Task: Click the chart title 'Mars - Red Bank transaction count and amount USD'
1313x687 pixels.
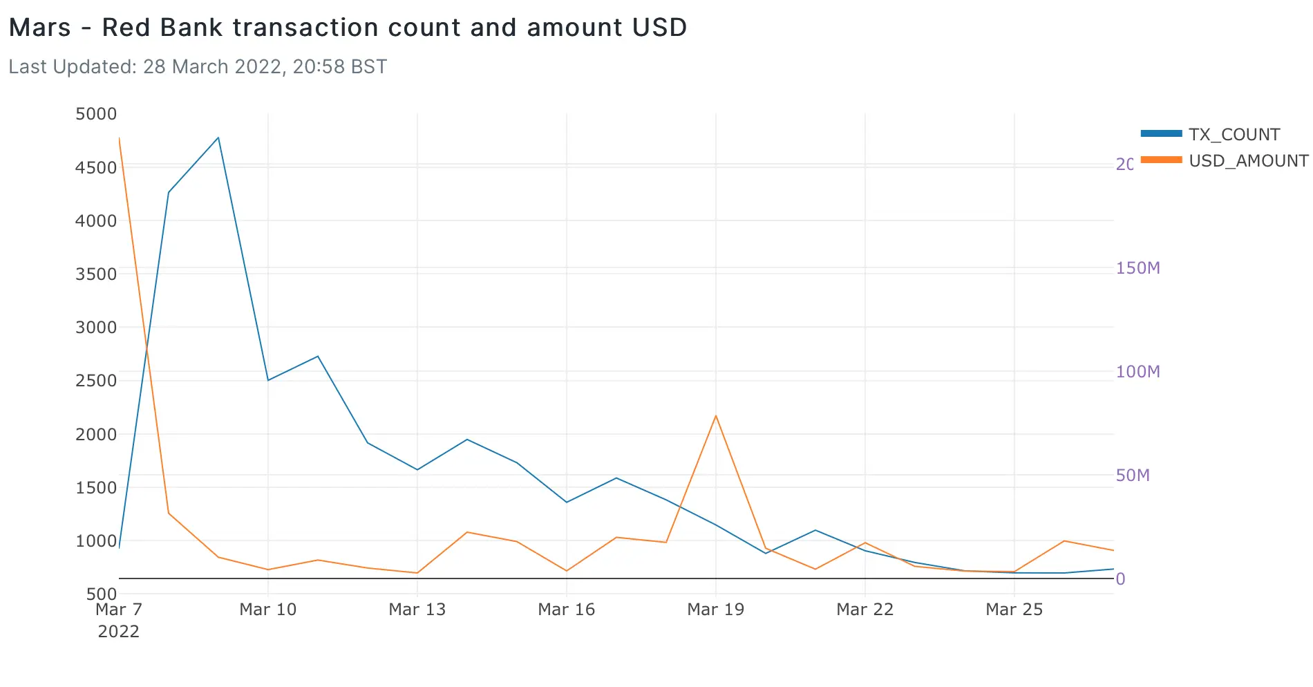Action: (x=348, y=28)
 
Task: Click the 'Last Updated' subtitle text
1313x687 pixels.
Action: (x=198, y=67)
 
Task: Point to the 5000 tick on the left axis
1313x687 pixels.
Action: (x=96, y=114)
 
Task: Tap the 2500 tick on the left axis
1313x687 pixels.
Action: (x=96, y=381)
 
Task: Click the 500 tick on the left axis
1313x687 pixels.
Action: (x=102, y=594)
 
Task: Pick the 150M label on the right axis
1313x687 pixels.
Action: (x=1137, y=268)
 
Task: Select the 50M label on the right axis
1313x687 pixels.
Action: (x=1133, y=476)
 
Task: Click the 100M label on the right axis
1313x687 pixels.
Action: (x=1137, y=372)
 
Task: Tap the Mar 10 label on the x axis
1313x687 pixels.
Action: (x=268, y=610)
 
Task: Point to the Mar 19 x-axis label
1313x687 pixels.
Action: (x=716, y=610)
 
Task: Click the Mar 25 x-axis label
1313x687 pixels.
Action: (x=1014, y=610)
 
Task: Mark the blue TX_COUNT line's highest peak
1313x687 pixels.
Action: (x=218, y=138)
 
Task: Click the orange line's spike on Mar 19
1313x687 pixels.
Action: (x=716, y=415)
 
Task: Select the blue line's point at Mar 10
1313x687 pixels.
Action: (x=268, y=380)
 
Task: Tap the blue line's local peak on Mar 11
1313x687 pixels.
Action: (x=318, y=356)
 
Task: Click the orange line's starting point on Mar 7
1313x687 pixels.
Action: (x=120, y=138)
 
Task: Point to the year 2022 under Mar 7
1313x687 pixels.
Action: (x=119, y=632)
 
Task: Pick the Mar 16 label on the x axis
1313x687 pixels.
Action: (x=567, y=610)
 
